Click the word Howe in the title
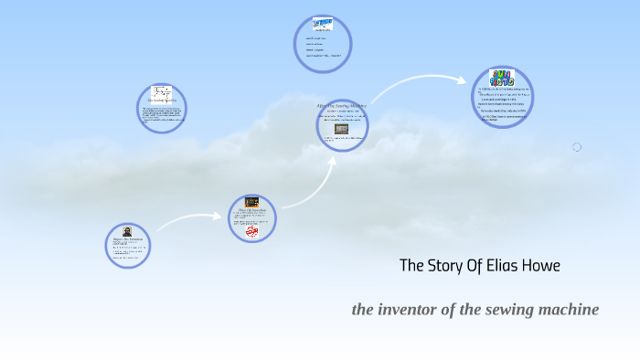(x=539, y=266)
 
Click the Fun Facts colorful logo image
(x=502, y=78)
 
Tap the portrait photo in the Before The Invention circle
(x=127, y=232)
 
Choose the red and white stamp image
(x=252, y=232)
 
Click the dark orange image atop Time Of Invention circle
(x=251, y=202)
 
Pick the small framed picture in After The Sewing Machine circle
(x=341, y=129)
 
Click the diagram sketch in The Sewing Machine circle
(x=162, y=92)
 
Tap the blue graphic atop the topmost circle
(x=323, y=24)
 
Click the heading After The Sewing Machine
(x=340, y=106)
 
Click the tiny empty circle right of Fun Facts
(x=577, y=147)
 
